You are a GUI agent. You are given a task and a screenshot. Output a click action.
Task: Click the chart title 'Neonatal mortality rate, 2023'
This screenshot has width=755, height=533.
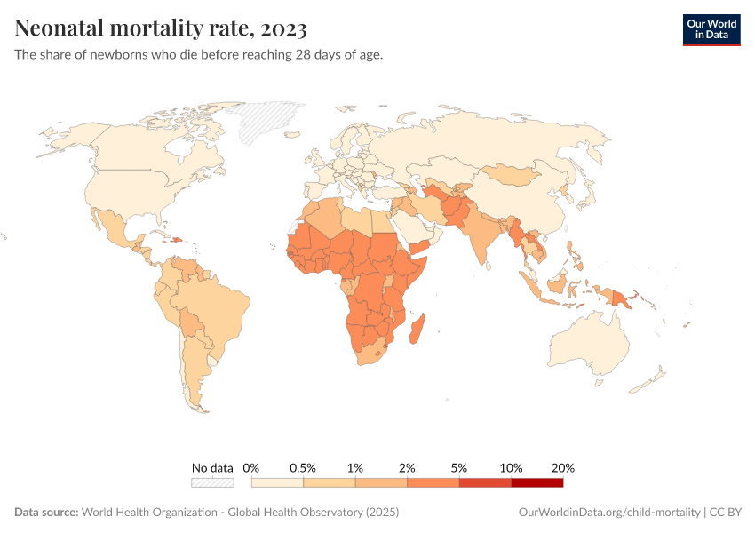161,29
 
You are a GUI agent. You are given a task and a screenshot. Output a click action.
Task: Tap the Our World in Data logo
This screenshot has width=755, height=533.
711,28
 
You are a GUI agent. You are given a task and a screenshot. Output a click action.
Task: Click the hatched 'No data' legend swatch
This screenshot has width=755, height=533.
212,483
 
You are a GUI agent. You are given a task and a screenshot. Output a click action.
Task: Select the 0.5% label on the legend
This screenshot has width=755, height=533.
304,468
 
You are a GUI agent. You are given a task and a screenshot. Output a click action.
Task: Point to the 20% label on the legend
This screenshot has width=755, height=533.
563,468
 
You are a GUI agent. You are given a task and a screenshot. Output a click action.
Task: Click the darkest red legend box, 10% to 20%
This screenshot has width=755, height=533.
537,483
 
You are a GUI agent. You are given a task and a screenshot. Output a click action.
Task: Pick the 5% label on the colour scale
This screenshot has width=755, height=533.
459,468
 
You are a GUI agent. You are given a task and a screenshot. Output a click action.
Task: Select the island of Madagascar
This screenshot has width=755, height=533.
417,329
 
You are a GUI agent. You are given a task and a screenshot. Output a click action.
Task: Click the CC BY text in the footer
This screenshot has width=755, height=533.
726,513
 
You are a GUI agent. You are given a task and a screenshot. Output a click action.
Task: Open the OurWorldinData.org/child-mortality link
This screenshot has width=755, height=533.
608,513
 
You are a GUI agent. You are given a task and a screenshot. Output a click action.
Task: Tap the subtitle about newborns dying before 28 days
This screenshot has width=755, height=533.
199,55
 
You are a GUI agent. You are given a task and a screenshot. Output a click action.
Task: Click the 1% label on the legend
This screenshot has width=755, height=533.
355,468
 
